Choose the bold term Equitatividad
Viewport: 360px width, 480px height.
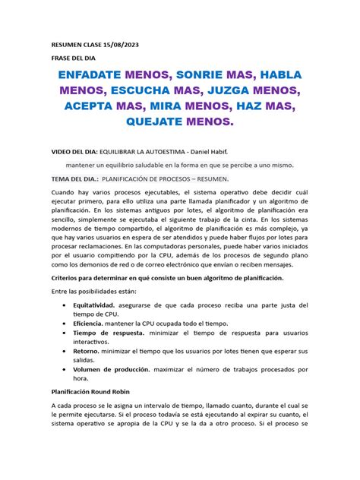pyautogui.click(x=109, y=306)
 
